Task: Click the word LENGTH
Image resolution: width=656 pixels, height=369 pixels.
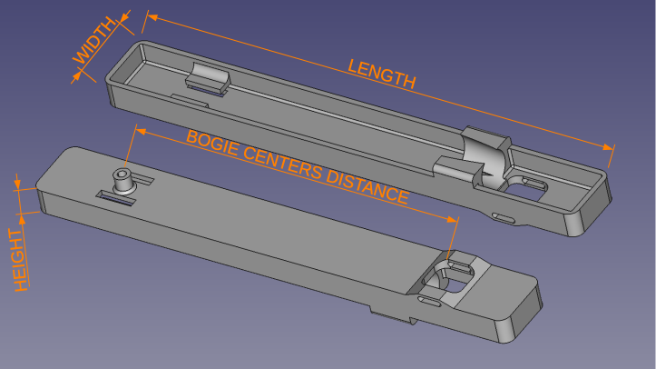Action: (x=382, y=74)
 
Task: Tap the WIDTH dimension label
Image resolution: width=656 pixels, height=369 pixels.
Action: (x=94, y=40)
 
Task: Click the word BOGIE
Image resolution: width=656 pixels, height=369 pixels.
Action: (x=212, y=144)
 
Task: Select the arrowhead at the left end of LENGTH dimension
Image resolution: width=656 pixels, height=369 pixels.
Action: (x=152, y=17)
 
